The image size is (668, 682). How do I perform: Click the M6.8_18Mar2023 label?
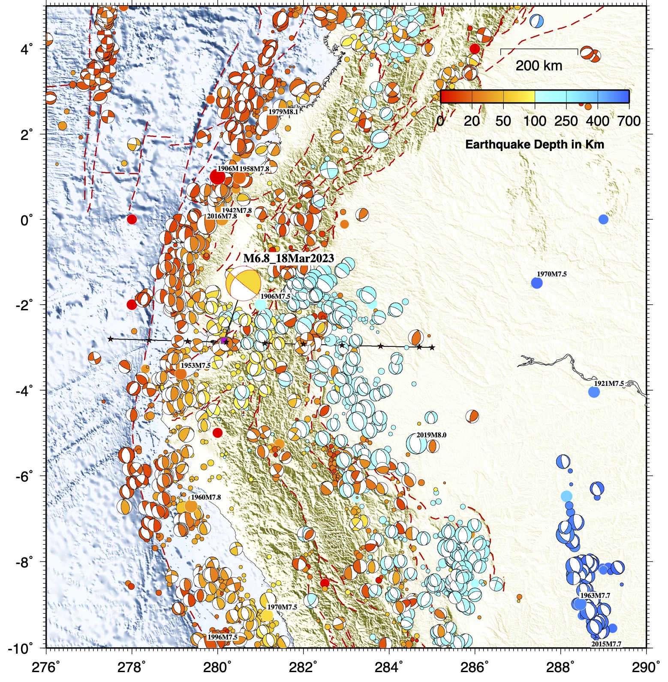pos(289,258)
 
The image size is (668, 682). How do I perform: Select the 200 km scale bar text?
pos(539,66)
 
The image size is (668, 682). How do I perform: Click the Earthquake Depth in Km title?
pos(534,144)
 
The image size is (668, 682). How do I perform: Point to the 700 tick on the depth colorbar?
pos(629,121)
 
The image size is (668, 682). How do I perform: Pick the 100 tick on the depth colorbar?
pos(534,121)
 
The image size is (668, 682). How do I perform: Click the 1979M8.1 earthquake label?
pos(283,112)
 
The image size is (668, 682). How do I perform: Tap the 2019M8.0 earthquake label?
pos(431,435)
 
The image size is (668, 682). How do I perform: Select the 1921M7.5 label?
pos(608,383)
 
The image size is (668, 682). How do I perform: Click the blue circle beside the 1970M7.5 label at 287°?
pos(537,283)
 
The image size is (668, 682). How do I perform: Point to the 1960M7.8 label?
pos(206,497)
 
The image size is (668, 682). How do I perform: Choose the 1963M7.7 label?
pos(595,595)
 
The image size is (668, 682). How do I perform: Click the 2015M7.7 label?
pos(606,644)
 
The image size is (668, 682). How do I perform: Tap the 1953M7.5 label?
pos(195,365)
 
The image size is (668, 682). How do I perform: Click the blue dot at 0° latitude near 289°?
pos(603,219)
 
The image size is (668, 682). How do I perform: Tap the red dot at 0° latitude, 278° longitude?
pos(132,219)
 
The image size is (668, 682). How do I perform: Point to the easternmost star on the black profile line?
pos(432,347)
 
